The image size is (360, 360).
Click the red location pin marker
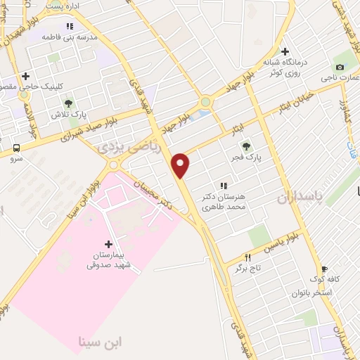point(181,165)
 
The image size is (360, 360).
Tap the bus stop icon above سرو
point(16,148)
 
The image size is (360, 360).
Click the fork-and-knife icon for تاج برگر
point(247,257)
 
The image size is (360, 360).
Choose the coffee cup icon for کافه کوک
point(324,268)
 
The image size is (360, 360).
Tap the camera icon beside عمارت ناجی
point(340,67)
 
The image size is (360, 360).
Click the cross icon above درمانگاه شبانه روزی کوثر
point(285,51)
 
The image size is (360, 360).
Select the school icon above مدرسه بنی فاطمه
point(69,26)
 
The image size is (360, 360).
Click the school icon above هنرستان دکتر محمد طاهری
point(223,186)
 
